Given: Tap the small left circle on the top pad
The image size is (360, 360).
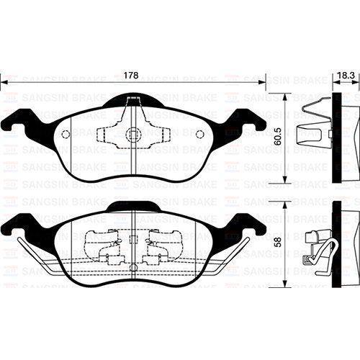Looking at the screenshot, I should click(66, 134).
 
